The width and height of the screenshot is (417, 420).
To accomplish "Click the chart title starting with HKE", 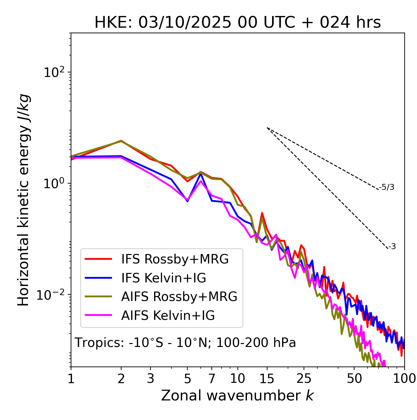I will [237, 23].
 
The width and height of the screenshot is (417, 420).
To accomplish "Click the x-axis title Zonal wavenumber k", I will [237, 396].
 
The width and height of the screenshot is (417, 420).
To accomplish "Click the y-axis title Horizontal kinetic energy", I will [23, 200].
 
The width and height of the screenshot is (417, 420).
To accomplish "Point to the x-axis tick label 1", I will [71, 379].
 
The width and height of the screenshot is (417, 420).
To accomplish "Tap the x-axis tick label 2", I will [121, 379].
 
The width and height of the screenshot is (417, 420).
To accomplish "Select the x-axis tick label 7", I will [212, 379].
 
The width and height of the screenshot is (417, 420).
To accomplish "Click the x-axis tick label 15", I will [267, 379].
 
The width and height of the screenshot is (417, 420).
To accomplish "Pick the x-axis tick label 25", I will [304, 379].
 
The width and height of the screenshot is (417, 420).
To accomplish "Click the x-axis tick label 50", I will [354, 379].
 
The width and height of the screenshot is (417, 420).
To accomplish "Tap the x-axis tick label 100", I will [404, 379].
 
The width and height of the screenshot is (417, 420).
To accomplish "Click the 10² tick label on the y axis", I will [53, 72].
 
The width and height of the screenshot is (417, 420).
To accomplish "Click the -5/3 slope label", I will [387, 187].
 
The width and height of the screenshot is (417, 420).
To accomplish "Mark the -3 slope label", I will [392, 247].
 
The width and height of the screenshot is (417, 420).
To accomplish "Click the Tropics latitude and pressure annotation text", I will [185, 343].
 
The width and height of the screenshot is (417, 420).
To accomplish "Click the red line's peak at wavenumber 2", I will [121, 141].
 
